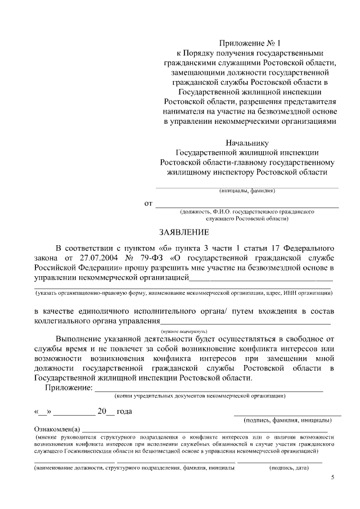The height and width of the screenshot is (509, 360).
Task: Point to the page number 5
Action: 332,478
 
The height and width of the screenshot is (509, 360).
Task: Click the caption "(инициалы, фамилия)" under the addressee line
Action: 247,191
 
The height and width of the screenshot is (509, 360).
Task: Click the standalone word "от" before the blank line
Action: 148,203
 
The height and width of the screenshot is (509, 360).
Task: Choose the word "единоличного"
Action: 107,311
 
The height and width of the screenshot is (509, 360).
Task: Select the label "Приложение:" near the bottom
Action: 69,387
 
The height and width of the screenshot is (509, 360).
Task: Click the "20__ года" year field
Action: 115,411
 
